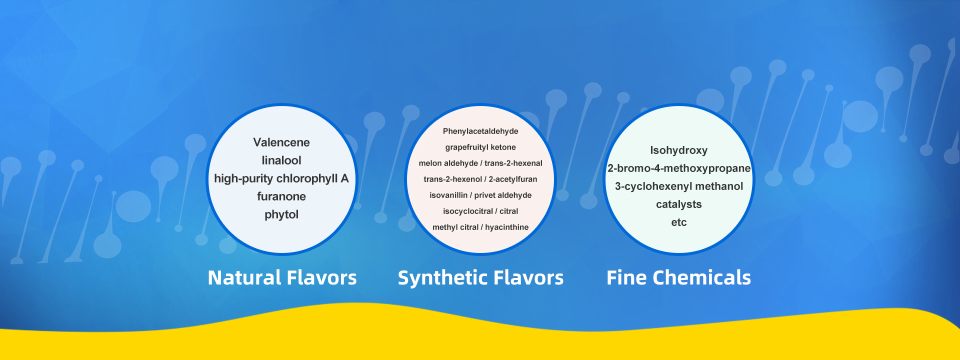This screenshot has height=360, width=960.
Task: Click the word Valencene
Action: (x=281, y=142)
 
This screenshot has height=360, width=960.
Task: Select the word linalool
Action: (x=281, y=160)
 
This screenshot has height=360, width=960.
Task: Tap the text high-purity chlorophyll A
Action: (x=281, y=178)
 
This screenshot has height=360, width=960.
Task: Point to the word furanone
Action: (x=281, y=196)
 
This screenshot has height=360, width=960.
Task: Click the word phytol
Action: (x=281, y=214)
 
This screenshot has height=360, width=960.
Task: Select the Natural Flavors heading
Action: (x=282, y=277)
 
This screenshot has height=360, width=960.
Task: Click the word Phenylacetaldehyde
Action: (x=480, y=131)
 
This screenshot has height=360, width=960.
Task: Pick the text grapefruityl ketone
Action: (x=480, y=147)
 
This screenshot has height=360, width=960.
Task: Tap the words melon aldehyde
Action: (x=448, y=163)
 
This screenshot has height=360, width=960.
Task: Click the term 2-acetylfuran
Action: (x=513, y=179)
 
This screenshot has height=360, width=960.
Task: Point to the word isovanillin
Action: (x=448, y=195)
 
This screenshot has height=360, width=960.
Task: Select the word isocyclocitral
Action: (x=468, y=211)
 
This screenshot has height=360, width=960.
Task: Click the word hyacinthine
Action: (x=507, y=227)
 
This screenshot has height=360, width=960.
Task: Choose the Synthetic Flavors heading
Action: (x=480, y=277)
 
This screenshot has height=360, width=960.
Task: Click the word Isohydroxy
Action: (x=679, y=150)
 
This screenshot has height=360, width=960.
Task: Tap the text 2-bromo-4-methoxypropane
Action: (x=679, y=168)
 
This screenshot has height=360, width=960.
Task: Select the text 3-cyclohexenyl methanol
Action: (x=679, y=186)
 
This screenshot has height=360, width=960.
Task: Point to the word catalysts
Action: (x=679, y=204)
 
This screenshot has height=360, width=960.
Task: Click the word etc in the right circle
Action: (x=679, y=222)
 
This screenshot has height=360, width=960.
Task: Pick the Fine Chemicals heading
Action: (x=679, y=277)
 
